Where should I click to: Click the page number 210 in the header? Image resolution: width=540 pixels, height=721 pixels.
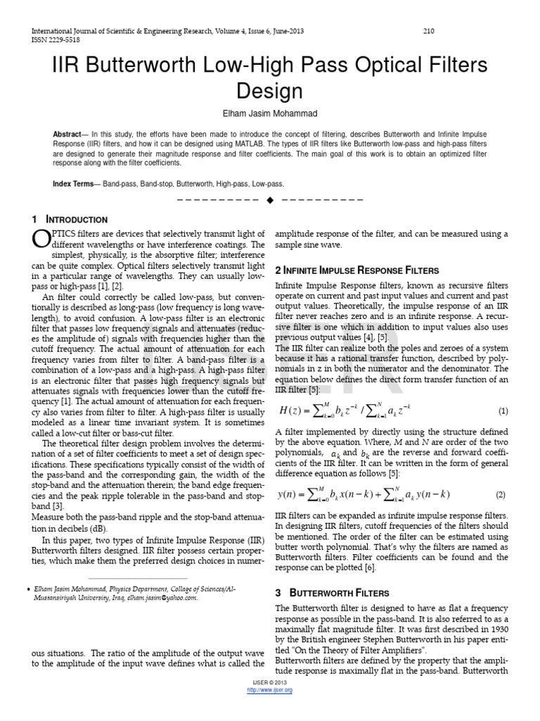coord(429,31)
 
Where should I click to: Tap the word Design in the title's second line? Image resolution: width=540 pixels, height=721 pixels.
coord(269,92)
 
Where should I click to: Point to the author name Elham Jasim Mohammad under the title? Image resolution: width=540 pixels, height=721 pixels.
coord(270,113)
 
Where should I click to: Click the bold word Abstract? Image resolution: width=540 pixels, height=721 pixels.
coord(67,134)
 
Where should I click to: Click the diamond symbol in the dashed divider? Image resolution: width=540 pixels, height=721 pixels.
coord(270,200)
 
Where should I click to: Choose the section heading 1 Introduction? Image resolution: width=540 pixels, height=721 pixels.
coord(70,220)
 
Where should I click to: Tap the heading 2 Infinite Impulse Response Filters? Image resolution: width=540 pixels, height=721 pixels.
coord(356,270)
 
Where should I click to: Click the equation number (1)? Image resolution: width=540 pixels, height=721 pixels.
coord(503,410)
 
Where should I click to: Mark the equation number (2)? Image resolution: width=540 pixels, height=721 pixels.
coord(501,495)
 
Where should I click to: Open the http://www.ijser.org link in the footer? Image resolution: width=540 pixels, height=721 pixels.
coord(270,690)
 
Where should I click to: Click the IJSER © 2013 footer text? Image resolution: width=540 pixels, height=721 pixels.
coord(270,684)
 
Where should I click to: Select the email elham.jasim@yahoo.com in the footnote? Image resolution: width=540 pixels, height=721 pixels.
coord(163,598)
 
